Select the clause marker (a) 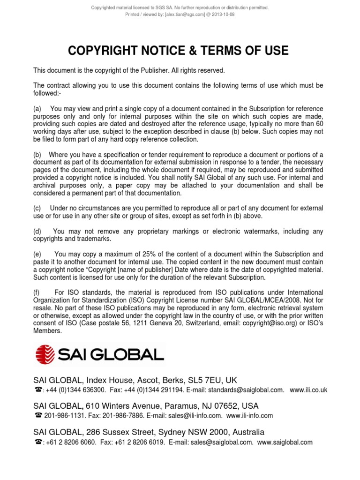(x=37, y=109)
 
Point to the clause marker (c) (x=37, y=208)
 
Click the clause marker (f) (x=37, y=292)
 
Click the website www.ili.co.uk (x=308, y=390)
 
